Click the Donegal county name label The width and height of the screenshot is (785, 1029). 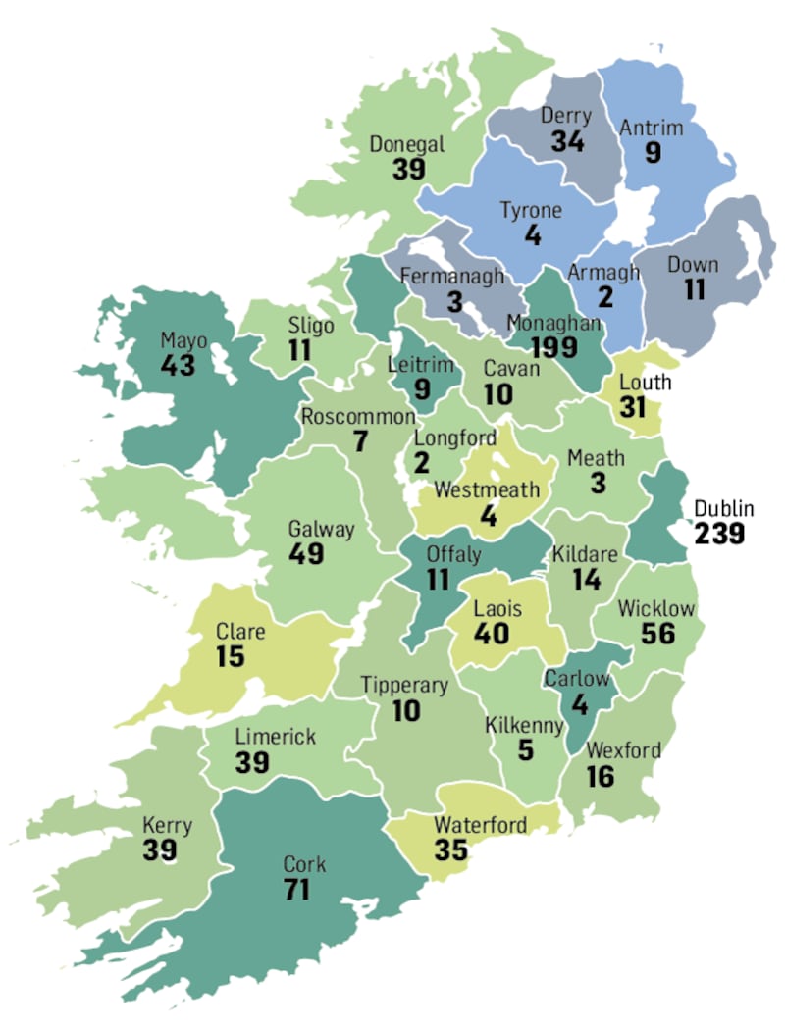click(x=407, y=144)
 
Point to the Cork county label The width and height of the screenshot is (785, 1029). click(x=304, y=865)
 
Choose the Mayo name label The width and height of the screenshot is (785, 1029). click(x=183, y=341)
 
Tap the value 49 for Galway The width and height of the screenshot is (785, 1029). click(x=306, y=553)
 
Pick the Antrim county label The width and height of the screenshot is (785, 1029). click(x=651, y=128)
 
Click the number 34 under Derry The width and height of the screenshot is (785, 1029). click(x=567, y=141)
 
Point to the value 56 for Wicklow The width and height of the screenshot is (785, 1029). click(x=657, y=634)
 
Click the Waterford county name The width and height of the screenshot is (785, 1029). click(x=480, y=824)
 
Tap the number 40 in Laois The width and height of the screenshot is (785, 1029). click(x=491, y=634)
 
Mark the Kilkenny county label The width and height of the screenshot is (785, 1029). click(x=525, y=726)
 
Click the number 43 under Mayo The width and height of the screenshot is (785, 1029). click(x=179, y=366)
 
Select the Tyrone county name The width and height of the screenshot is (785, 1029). click(x=531, y=211)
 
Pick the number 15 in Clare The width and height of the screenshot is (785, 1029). click(x=230, y=655)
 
